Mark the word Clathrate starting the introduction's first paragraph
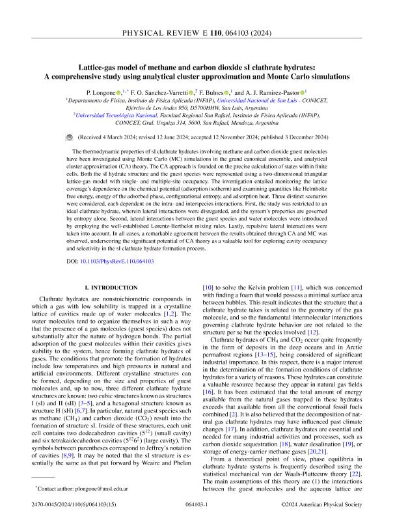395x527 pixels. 57,301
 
